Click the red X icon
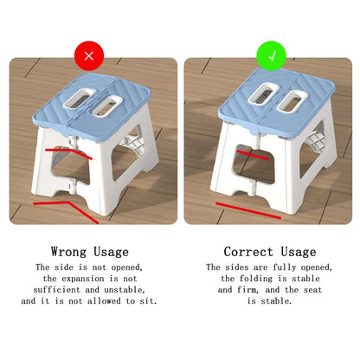point(89,58)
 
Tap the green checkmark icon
point(270,58)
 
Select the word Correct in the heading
point(249,252)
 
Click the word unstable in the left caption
point(121,290)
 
